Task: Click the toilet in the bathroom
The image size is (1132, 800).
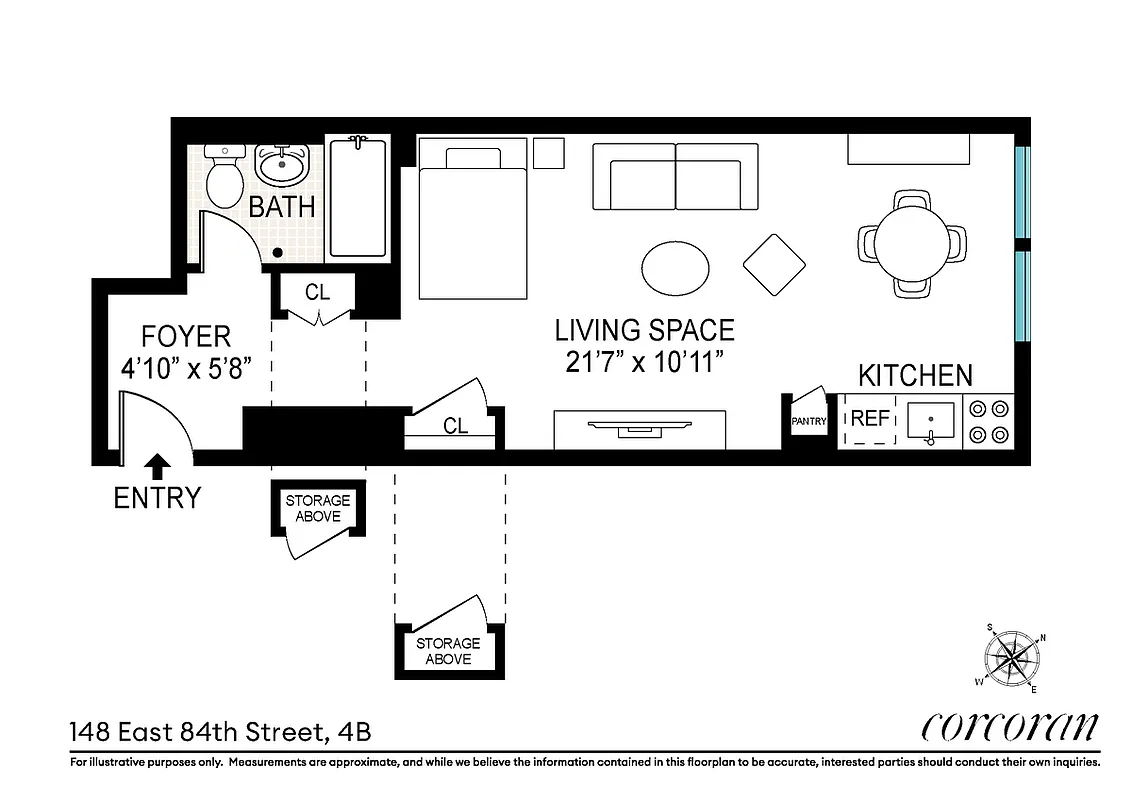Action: [x=224, y=177]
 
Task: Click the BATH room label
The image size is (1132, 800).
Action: [x=282, y=208]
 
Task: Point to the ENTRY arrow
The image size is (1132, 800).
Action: [x=157, y=466]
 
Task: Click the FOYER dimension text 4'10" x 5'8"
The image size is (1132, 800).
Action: [x=184, y=368]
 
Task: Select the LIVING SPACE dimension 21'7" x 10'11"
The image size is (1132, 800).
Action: [x=644, y=362]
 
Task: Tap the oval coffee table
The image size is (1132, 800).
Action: [x=676, y=267]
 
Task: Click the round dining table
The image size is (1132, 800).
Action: [x=913, y=241]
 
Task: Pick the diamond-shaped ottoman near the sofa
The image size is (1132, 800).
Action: [x=774, y=265]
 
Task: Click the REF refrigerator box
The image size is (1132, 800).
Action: [x=870, y=419]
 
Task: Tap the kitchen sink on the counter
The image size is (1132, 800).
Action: [x=931, y=421]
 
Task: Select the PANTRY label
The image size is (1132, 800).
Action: [x=809, y=422]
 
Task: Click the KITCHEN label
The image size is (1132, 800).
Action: [x=915, y=376]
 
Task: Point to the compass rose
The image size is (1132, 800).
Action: [x=1013, y=657]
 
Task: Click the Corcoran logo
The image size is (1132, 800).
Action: [x=1009, y=727]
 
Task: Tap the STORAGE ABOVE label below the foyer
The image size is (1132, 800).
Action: [x=318, y=508]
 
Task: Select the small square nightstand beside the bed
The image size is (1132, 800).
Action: [x=548, y=152]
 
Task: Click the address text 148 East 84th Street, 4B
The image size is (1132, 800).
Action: [x=221, y=732]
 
